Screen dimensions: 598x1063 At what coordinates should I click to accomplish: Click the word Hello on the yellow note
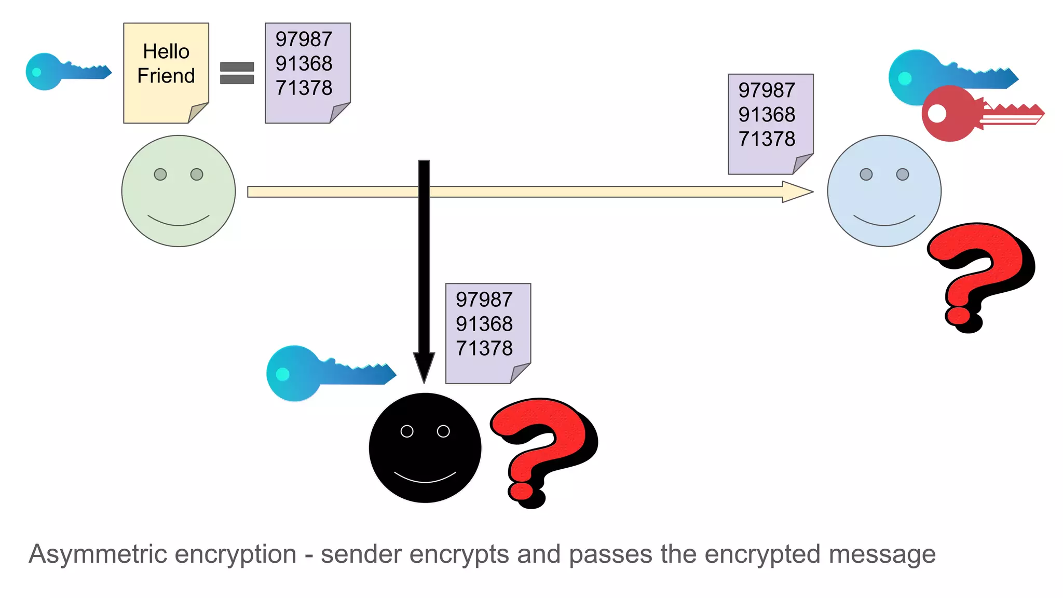[x=166, y=51]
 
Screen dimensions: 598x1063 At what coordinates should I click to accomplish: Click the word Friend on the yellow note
[x=166, y=76]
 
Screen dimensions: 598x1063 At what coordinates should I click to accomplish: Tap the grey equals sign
[x=237, y=73]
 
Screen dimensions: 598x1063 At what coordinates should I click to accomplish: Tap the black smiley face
[x=425, y=447]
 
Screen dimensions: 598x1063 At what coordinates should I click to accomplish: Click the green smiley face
[x=179, y=191]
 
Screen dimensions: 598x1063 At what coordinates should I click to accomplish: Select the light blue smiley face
[x=884, y=191]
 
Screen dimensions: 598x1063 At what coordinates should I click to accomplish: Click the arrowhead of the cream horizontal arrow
[x=797, y=192]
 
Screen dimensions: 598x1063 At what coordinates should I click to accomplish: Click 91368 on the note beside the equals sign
[x=304, y=63]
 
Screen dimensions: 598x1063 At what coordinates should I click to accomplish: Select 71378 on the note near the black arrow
[x=484, y=348]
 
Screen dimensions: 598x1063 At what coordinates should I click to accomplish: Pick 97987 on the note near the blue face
[x=767, y=90]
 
